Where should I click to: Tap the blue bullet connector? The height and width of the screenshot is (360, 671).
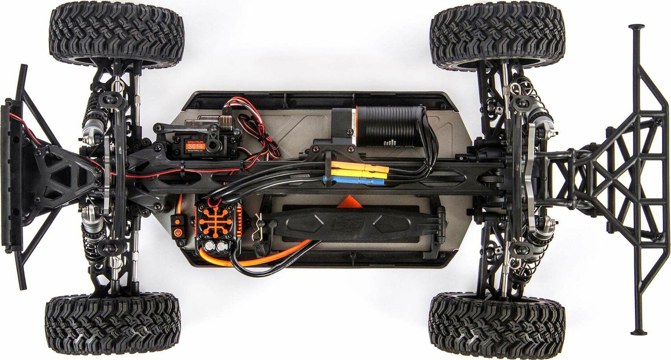[353, 181]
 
